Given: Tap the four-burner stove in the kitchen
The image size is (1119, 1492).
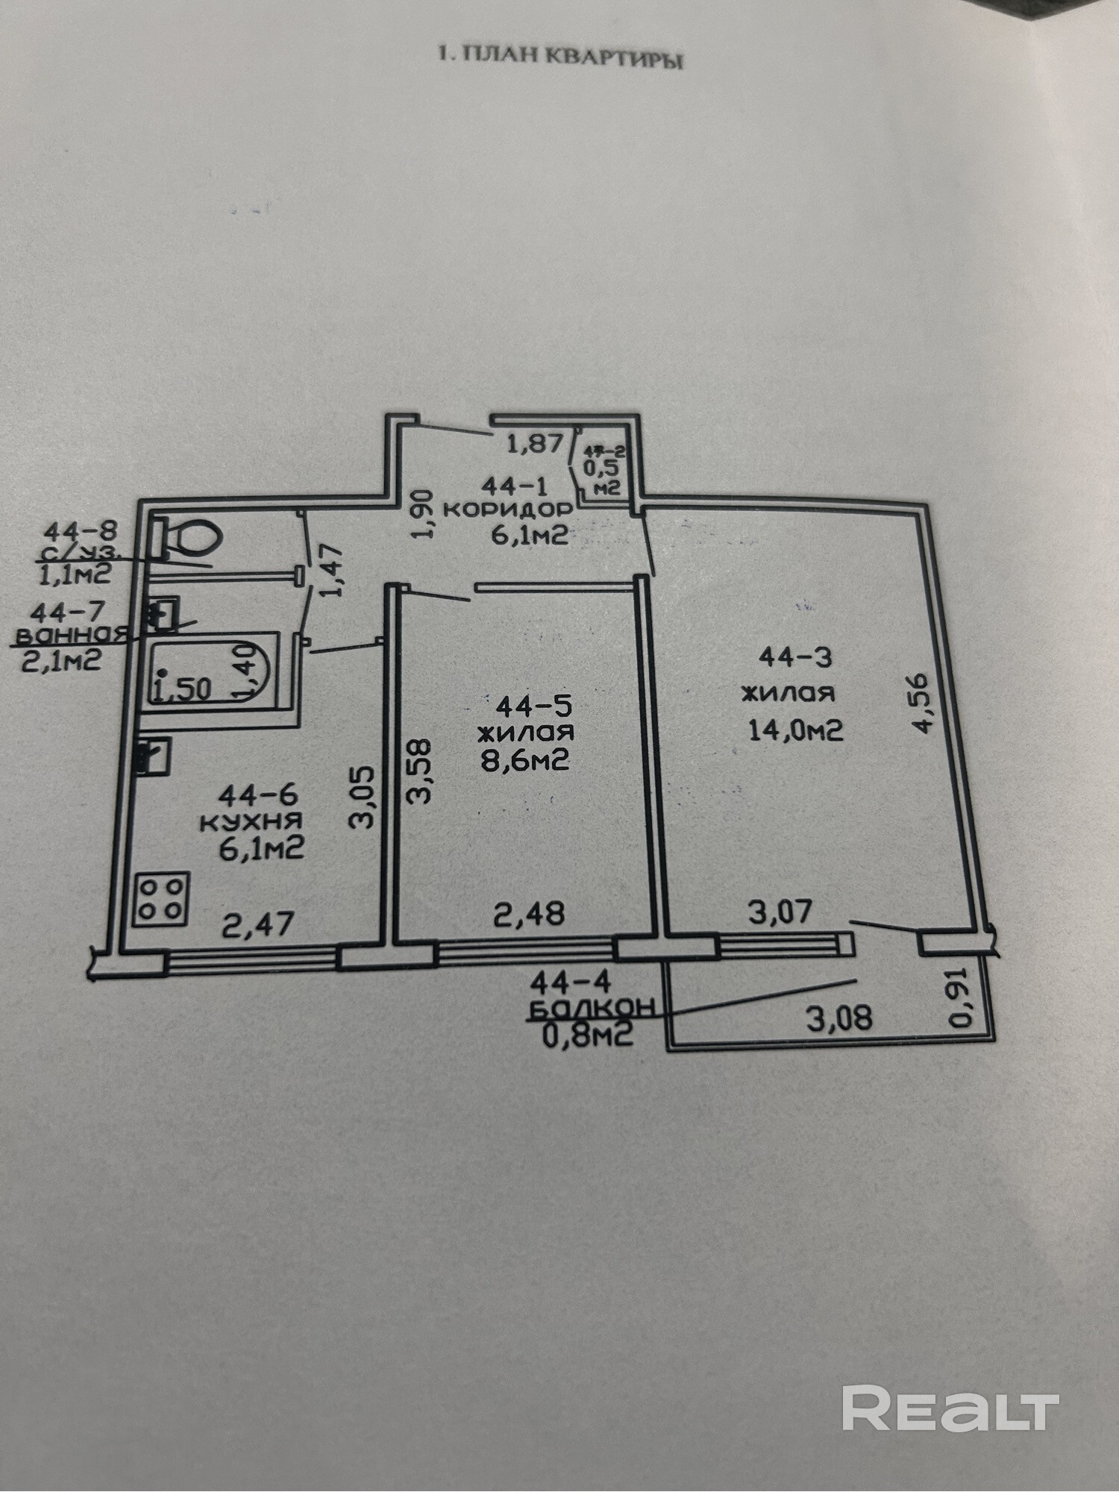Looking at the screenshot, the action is coord(161,899).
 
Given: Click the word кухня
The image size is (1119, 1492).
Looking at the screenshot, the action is coord(251,822).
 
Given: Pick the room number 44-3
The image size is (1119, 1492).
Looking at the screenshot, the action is coord(794,657).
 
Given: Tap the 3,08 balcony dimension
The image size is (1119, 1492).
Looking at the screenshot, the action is coord(839,1018).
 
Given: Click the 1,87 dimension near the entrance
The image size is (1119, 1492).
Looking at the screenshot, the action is coord(534,445).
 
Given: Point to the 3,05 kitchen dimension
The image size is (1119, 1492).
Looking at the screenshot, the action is coord(363,798).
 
